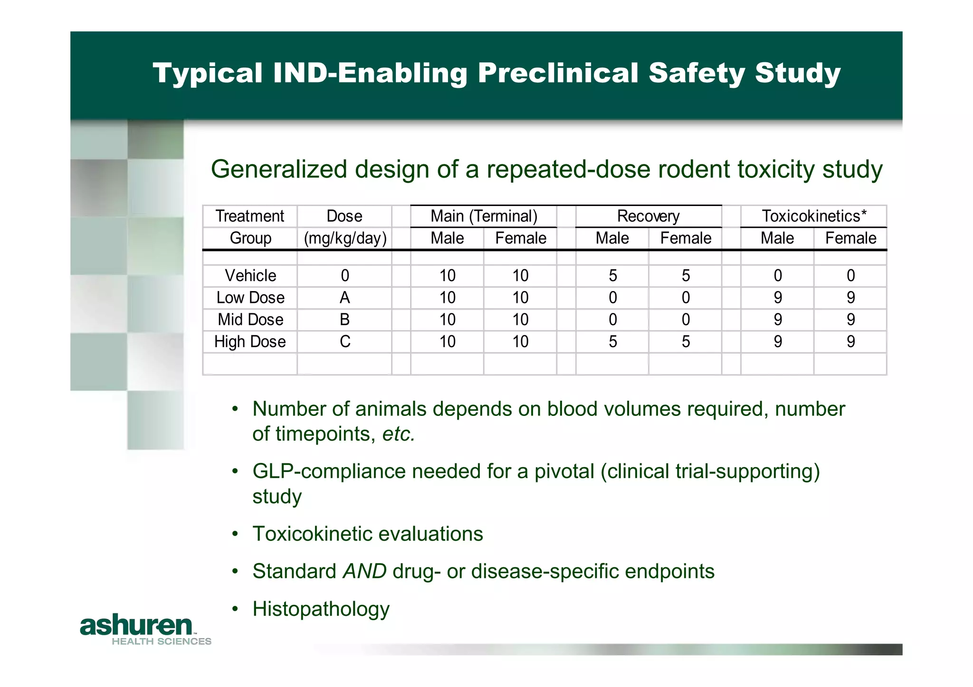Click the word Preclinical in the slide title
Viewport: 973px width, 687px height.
click(x=558, y=73)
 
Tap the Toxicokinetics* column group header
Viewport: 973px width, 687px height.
click(x=814, y=216)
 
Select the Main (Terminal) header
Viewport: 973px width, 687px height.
click(x=484, y=216)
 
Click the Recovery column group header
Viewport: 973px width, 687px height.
click(x=648, y=216)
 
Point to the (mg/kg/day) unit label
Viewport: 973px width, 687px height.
click(x=345, y=238)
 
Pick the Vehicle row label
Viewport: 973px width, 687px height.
click(x=250, y=276)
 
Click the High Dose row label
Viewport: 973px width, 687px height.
click(x=250, y=342)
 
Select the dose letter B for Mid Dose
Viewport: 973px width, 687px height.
click(x=345, y=320)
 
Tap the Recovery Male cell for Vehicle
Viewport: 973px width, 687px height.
click(x=613, y=276)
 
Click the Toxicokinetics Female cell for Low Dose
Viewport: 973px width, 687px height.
click(x=850, y=298)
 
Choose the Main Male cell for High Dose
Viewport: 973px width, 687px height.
click(x=447, y=342)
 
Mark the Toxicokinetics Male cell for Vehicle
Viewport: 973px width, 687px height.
click(x=778, y=276)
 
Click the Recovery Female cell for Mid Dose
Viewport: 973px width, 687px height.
click(x=686, y=320)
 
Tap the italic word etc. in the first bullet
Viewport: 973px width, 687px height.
click(x=399, y=434)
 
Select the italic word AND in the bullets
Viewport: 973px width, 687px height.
click(x=364, y=571)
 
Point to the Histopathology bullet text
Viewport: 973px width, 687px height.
click(x=321, y=609)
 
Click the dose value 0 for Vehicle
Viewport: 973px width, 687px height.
click(x=345, y=276)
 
